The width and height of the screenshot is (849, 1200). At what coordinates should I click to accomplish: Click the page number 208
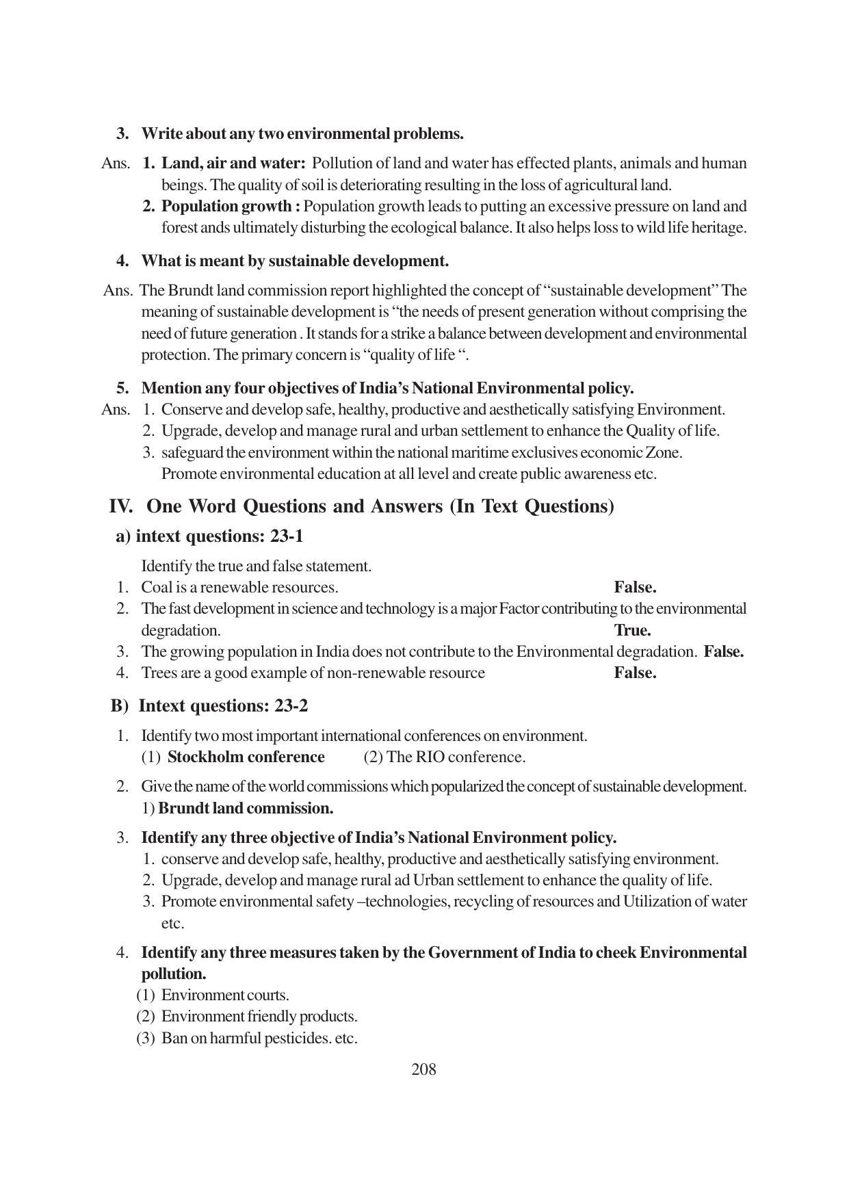[423, 1069]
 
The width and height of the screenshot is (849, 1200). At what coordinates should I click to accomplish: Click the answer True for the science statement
[632, 630]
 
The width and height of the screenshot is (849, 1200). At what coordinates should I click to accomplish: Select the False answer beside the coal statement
[635, 587]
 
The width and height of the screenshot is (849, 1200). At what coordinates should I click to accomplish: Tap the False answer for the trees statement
[635, 673]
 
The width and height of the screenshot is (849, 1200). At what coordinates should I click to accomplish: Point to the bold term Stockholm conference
[246, 757]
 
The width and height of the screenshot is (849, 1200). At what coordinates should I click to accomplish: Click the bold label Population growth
[231, 206]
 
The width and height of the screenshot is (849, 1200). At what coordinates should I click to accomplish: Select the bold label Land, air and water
[233, 164]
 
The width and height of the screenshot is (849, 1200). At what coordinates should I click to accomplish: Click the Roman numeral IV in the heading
[120, 506]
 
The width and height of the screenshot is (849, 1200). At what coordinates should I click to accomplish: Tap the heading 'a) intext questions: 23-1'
[209, 536]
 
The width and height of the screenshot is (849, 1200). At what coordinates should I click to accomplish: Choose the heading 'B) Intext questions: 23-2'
[209, 705]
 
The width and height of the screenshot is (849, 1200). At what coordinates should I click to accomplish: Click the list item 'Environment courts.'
[225, 995]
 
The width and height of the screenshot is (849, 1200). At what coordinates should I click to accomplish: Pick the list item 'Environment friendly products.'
[259, 1017]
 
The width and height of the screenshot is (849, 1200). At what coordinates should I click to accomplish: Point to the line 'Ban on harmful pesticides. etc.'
[259, 1038]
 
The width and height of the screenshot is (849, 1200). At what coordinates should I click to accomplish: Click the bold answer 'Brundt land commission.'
[246, 808]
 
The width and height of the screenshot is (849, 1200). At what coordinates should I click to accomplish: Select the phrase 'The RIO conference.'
[445, 757]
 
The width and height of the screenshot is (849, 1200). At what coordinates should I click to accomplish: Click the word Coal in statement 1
[155, 587]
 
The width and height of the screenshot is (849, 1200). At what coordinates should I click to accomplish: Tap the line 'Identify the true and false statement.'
[256, 566]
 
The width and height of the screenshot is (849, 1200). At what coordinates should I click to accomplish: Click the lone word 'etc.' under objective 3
[172, 923]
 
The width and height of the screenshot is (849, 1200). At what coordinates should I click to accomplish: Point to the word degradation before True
[181, 630]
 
